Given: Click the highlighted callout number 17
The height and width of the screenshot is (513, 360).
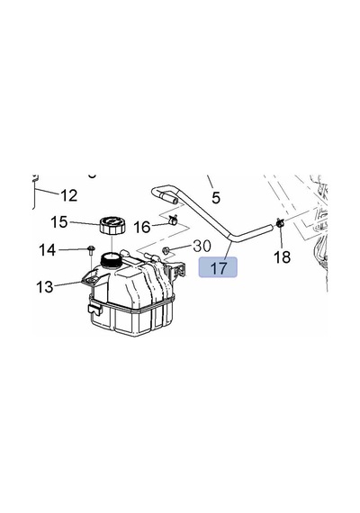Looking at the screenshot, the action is pos(218,267).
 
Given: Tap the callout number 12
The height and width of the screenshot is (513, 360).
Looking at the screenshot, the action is pos(69,195).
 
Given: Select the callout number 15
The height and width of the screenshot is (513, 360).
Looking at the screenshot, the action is pos(59,222).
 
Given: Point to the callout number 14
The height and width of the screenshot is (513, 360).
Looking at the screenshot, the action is pos(48,250).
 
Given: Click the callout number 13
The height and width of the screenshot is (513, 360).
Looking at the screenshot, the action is pos(45,287).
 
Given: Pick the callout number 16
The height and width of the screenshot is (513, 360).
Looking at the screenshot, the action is pos(142,227).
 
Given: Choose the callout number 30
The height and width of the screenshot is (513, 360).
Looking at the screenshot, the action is pos(202,246).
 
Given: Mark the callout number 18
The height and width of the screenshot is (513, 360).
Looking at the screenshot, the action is pos(282,256).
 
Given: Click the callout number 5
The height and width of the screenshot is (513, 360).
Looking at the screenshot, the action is pos(216,198).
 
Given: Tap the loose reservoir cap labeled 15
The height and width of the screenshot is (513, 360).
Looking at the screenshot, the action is pos(112,225).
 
